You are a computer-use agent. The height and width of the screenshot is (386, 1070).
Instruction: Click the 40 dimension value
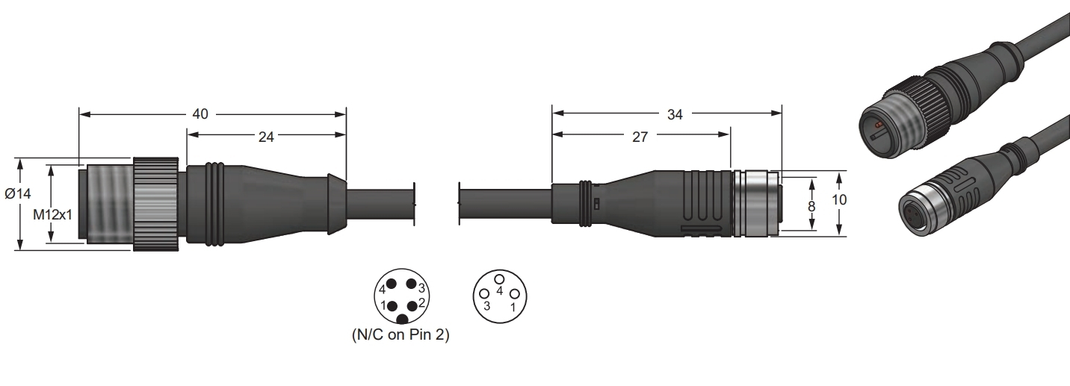(x=200, y=114)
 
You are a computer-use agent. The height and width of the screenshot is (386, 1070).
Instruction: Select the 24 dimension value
(x=266, y=137)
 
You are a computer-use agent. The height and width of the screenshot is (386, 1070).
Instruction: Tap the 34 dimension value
(x=675, y=114)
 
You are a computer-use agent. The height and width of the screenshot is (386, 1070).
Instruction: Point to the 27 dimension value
(x=640, y=137)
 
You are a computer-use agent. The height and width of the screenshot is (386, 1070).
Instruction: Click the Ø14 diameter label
(x=18, y=193)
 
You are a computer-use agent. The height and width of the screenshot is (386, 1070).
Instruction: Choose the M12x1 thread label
(x=52, y=215)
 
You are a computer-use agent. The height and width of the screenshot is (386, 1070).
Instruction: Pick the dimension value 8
(x=811, y=206)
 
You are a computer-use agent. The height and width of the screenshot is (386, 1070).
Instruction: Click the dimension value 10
(x=839, y=199)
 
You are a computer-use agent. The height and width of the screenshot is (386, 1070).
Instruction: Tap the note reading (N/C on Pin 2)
(x=401, y=334)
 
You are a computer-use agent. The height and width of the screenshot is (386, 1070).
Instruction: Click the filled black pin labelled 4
(x=392, y=284)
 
